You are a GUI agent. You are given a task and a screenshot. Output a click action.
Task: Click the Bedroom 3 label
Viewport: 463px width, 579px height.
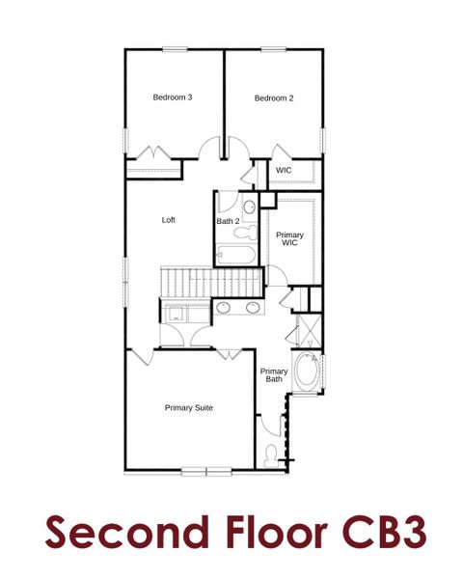click(x=173, y=97)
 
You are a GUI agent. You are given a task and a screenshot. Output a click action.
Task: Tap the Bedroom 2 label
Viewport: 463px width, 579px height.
click(x=274, y=97)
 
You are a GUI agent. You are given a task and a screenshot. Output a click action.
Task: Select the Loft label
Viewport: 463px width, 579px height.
click(x=169, y=220)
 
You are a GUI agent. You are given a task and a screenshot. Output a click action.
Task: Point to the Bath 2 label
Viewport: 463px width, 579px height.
click(x=228, y=221)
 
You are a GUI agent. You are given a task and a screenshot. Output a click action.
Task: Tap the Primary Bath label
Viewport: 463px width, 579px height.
click(x=274, y=374)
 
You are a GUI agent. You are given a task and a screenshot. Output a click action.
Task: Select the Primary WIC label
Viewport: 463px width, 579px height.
click(x=289, y=240)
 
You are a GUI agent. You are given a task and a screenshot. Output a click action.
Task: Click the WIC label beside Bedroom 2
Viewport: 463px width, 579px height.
click(x=284, y=171)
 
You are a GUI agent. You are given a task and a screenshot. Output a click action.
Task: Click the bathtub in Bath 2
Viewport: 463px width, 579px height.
click(x=234, y=256)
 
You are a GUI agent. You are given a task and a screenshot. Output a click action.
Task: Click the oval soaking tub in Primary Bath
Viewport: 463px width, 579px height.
click(x=307, y=372)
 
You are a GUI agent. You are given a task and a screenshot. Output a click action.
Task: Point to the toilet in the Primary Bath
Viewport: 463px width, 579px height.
click(x=272, y=454)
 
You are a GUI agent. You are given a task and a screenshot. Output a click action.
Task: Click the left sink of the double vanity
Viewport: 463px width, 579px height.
click(x=223, y=308)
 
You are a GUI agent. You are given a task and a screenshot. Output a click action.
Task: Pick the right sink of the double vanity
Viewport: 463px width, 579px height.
click(x=254, y=308)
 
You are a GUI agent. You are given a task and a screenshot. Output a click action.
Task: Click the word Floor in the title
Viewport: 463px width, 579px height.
click(x=251, y=533)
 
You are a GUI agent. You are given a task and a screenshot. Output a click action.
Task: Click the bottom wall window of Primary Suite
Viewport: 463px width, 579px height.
click(x=206, y=471)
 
